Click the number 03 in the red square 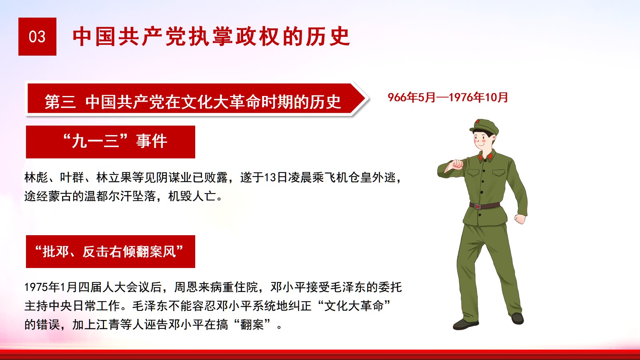[x=37, y=37]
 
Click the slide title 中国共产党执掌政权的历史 [x=212, y=36]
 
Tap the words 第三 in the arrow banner [x=60, y=102]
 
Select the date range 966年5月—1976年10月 [x=448, y=98]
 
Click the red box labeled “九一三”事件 [x=110, y=142]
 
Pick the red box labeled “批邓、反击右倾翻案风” [x=110, y=252]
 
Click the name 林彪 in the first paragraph [x=36, y=178]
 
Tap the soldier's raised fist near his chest [x=458, y=164]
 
